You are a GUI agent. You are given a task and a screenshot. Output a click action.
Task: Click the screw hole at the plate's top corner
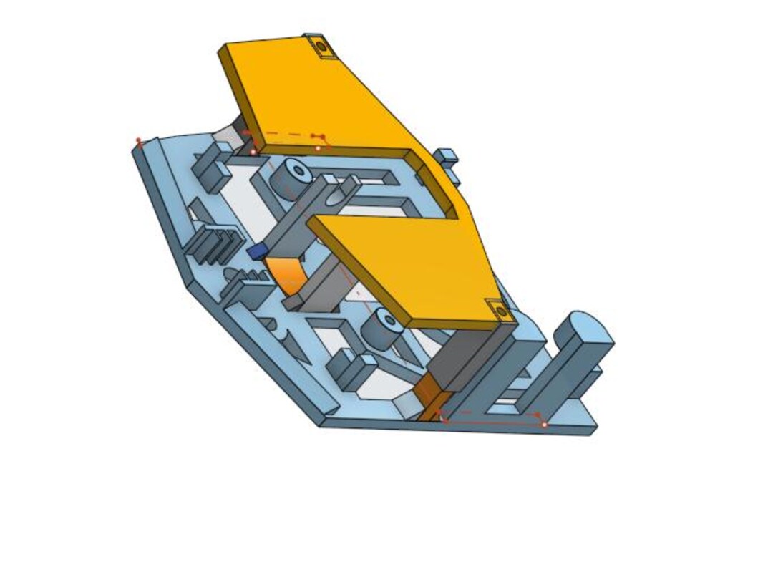click(321, 47)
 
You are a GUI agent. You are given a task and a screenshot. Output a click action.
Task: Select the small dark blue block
click(257, 252)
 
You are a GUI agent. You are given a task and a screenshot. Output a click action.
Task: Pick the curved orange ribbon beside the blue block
click(284, 275)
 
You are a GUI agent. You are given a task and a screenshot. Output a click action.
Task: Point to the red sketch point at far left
click(139, 141)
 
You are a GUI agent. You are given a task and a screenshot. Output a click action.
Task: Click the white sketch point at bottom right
click(545, 425)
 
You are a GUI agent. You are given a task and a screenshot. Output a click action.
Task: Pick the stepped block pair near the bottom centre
click(350, 367)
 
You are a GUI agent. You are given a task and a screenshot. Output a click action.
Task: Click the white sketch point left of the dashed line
click(253, 152)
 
